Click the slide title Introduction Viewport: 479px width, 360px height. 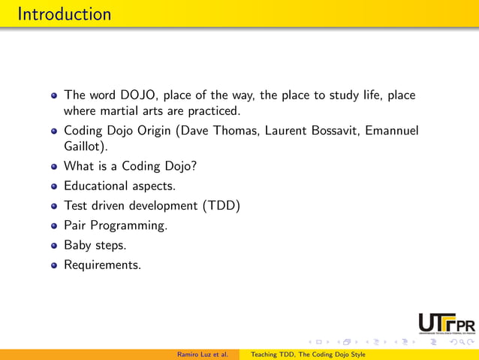63,14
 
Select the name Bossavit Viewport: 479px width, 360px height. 333,131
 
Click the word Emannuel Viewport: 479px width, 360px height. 390,131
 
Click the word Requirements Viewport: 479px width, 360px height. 101,265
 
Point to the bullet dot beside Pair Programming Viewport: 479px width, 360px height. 53,225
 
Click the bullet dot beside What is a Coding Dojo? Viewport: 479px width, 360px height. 53,166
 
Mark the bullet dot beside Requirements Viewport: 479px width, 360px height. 53,265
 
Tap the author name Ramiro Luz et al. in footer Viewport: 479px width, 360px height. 203,354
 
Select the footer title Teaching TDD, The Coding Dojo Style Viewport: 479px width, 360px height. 308,354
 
